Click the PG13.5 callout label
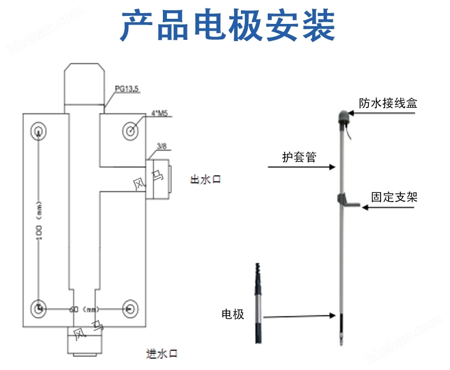[126, 89]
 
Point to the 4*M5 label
[159, 114]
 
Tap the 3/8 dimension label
[161, 147]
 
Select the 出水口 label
[204, 180]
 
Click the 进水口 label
[162, 354]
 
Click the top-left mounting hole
[38, 130]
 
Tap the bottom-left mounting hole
[38, 307]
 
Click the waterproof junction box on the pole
[345, 117]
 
